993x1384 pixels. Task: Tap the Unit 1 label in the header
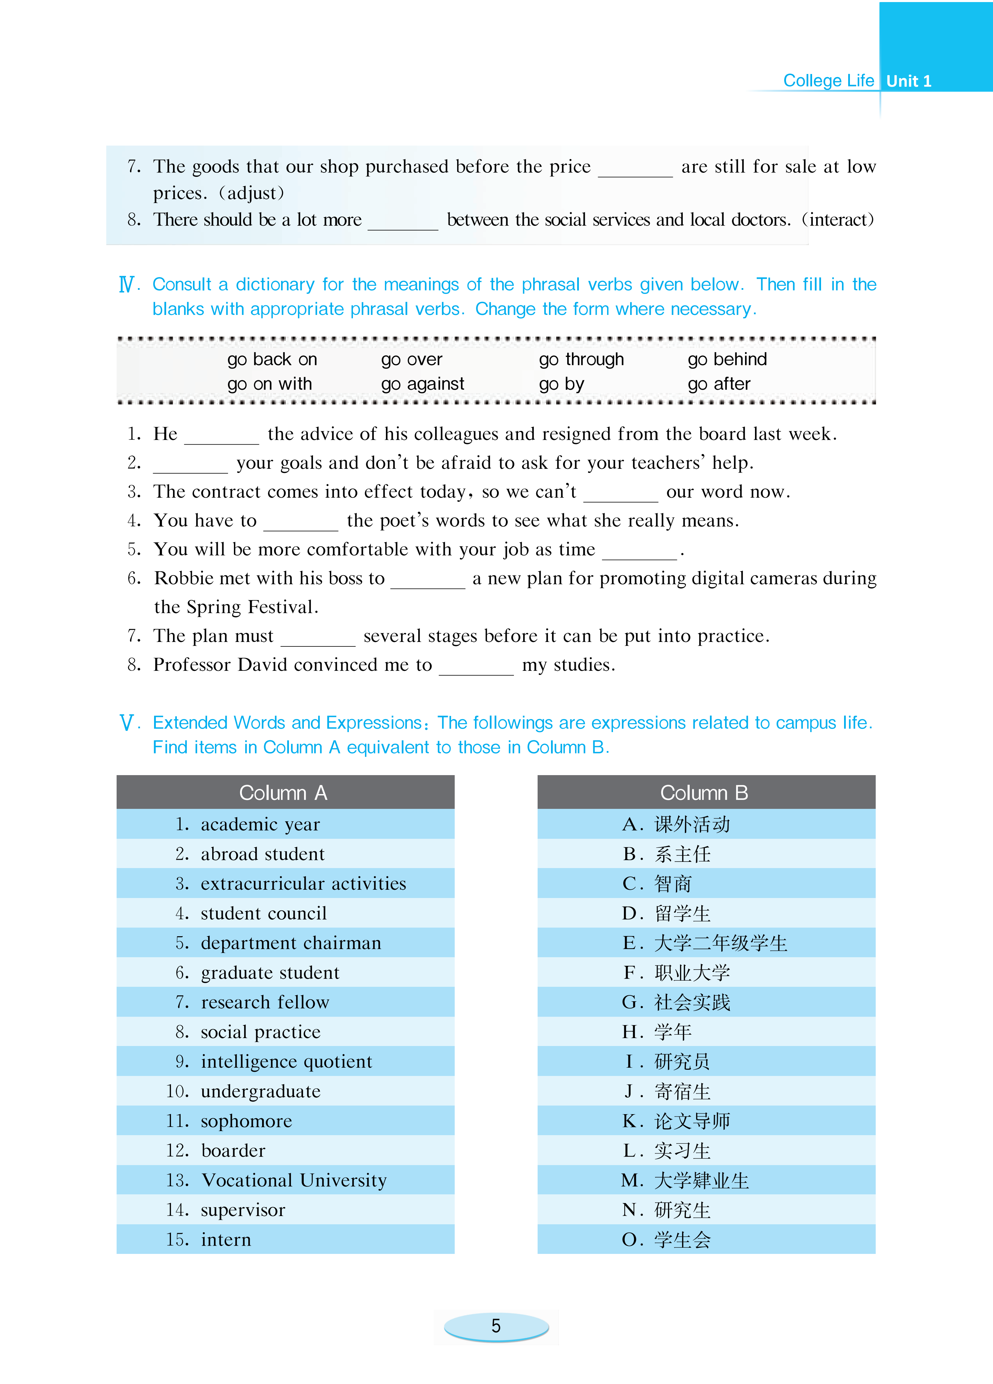[908, 81]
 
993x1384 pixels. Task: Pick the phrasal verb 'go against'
[422, 384]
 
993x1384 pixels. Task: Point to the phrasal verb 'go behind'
[727, 359]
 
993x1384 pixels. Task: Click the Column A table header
[284, 793]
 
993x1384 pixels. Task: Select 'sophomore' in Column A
[246, 1121]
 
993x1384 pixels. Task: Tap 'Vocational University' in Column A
[294, 1180]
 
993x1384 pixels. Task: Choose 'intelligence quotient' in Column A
[286, 1062]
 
